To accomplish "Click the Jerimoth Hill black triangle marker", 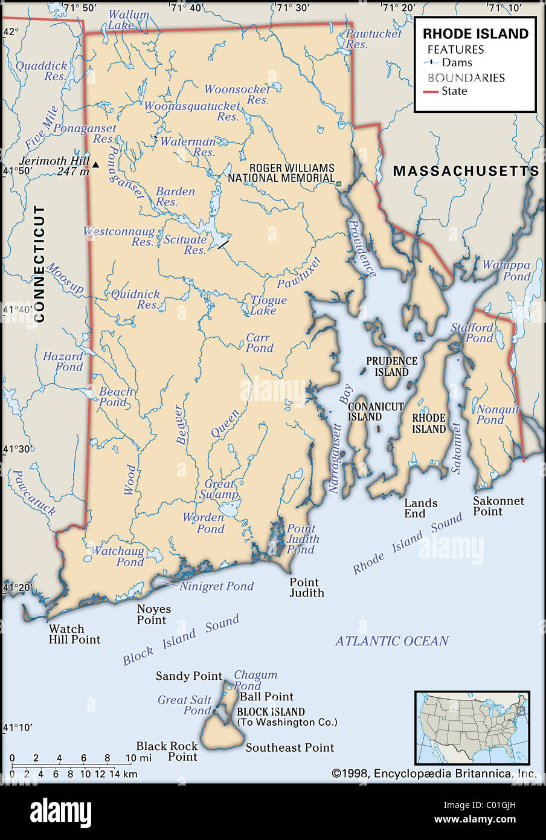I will tap(95, 164).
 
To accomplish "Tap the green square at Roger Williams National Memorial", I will tap(339, 184).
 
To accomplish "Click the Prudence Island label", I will tap(391, 366).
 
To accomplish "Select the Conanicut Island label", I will tap(375, 412).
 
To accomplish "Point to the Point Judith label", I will tap(306, 587).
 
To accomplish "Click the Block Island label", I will tap(271, 712).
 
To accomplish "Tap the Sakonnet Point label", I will tap(498, 506).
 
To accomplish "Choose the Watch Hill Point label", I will tap(74, 634).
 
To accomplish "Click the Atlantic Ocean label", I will tap(391, 641).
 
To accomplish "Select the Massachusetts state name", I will tap(466, 171).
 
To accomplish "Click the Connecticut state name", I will tap(40, 263).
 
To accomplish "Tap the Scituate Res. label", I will tap(185, 245).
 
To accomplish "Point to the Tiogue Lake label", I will tap(268, 305).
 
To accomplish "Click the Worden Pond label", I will tap(204, 523).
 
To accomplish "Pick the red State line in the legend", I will tap(430, 92).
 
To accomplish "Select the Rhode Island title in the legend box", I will tap(475, 34).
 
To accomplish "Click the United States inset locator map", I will tap(472, 728).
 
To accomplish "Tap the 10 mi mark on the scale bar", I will tap(130, 758).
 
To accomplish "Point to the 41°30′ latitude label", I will tap(17, 449).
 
